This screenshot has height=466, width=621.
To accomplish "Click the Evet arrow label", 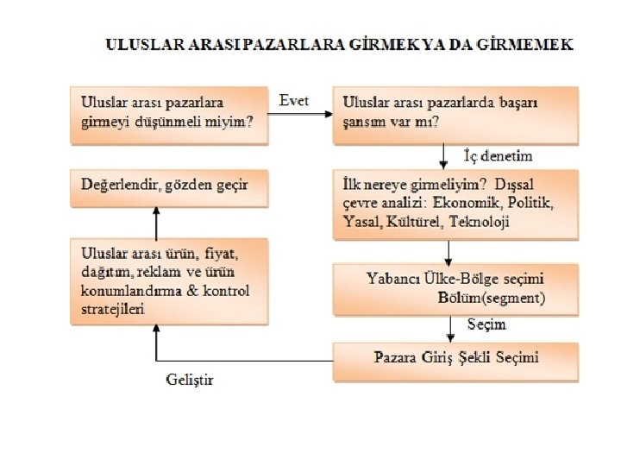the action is (x=294, y=100).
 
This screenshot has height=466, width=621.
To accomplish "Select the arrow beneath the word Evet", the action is (x=300, y=115).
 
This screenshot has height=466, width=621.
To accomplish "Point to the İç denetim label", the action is (x=498, y=156).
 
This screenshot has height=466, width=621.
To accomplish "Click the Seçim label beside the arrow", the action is (x=486, y=324).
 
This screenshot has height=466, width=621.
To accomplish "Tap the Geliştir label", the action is (x=188, y=380).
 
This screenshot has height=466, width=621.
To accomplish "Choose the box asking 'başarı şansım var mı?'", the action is (x=456, y=113).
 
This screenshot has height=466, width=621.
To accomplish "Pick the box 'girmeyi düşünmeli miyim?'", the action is (x=169, y=113).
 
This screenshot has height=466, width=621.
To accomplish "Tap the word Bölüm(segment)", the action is (x=492, y=299).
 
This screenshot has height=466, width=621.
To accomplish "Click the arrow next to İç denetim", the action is (x=443, y=156).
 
